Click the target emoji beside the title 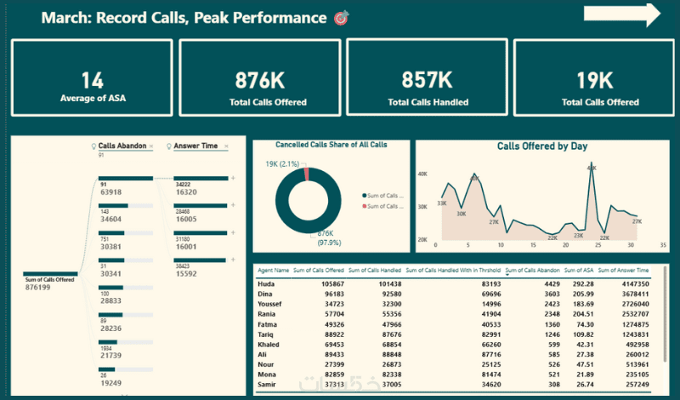(342, 18)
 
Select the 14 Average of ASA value (93, 81)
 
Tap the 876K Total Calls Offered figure (261, 81)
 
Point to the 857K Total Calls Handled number (427, 81)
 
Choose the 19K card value (593, 81)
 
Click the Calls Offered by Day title (541, 146)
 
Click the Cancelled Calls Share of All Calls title (332, 145)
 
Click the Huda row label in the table (266, 283)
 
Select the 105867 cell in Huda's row (326, 283)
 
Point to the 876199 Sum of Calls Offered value (42, 287)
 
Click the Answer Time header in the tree (195, 146)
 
